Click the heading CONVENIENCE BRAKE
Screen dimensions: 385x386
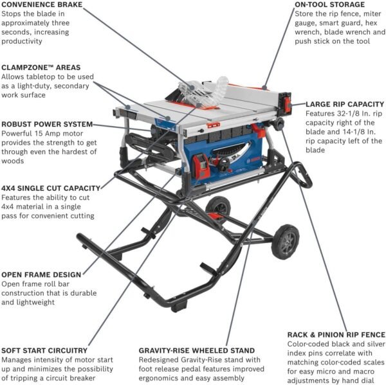point(41,4)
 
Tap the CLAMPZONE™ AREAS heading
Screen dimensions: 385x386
point(41,66)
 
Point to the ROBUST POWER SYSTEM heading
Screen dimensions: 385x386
point(47,123)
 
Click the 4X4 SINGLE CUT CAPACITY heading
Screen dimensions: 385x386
point(50,188)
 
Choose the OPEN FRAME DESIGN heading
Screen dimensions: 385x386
point(41,274)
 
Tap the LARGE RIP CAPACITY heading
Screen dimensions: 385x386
point(345,103)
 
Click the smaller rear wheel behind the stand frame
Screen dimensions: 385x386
point(219,207)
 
